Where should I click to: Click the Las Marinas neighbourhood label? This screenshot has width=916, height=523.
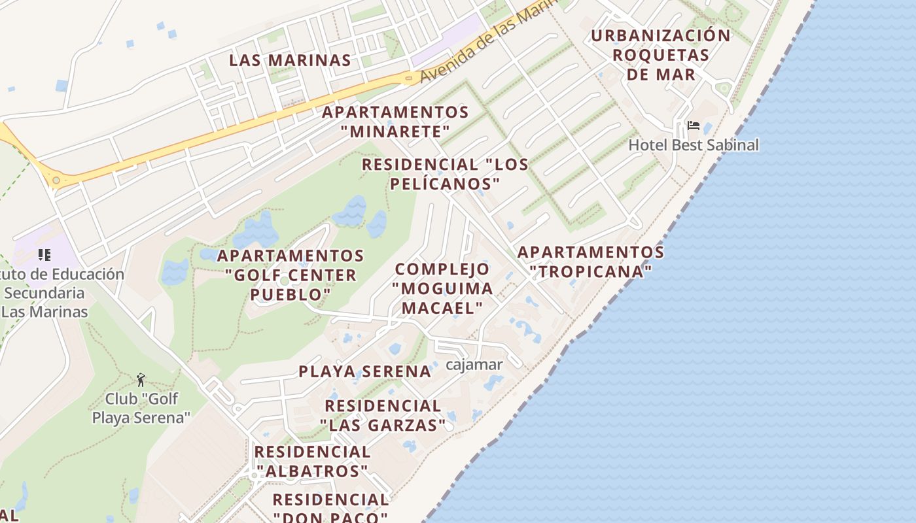point(290,60)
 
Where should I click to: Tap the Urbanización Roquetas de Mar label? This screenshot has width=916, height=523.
point(661,55)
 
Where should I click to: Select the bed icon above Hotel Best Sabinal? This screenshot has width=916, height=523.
point(694,126)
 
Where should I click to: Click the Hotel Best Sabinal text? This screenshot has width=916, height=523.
point(694,144)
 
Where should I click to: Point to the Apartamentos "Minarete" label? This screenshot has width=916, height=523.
point(395,122)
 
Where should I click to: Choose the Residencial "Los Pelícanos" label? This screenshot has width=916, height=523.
point(445,174)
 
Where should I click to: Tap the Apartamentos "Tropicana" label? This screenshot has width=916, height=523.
point(591,261)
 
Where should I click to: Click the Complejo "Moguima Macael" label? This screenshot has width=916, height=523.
point(442,288)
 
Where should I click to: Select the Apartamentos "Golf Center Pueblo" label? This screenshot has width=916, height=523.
point(291,275)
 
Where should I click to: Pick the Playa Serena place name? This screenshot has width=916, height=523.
point(365,371)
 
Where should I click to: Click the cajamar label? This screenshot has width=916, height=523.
point(474,364)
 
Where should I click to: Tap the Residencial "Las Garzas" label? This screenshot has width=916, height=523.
point(383,415)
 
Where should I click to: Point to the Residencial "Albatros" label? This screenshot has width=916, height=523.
point(312,461)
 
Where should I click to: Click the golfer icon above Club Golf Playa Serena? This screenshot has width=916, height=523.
point(141,379)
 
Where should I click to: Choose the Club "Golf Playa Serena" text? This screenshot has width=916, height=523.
point(141,408)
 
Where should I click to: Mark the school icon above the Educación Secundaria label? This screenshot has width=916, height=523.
point(44,254)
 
